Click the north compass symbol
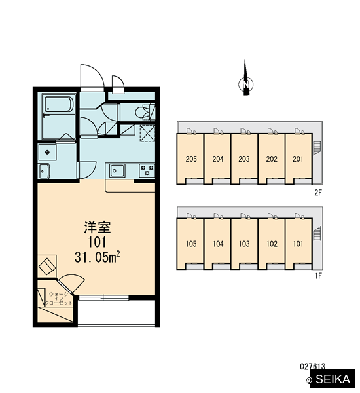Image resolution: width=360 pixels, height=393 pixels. point(246,83)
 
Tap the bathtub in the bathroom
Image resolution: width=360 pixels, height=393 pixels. point(59,104)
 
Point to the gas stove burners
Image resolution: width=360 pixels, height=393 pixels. point(147,170)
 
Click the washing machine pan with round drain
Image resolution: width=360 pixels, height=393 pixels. point(48,152)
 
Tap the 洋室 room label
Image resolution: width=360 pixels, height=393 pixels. point(98,227)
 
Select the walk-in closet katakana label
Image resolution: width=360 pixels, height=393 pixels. point(58,299)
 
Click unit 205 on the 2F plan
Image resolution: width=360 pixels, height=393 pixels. point(191,159)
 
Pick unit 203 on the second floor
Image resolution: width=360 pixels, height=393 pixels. point(244,159)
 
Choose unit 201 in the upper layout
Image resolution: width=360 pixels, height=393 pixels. point(298,159)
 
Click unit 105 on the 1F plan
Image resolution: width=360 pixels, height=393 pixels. point(191,244)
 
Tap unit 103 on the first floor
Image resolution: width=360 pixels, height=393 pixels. point(244,244)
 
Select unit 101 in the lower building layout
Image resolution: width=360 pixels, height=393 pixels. point(298,244)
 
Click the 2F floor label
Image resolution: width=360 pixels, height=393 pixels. point(318,193)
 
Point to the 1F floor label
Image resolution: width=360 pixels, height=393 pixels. point(318,276)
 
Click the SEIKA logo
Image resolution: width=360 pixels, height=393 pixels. point(333,379)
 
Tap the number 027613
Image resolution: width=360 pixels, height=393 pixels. point(312,367)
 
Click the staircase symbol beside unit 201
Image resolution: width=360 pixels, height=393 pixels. point(317,149)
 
